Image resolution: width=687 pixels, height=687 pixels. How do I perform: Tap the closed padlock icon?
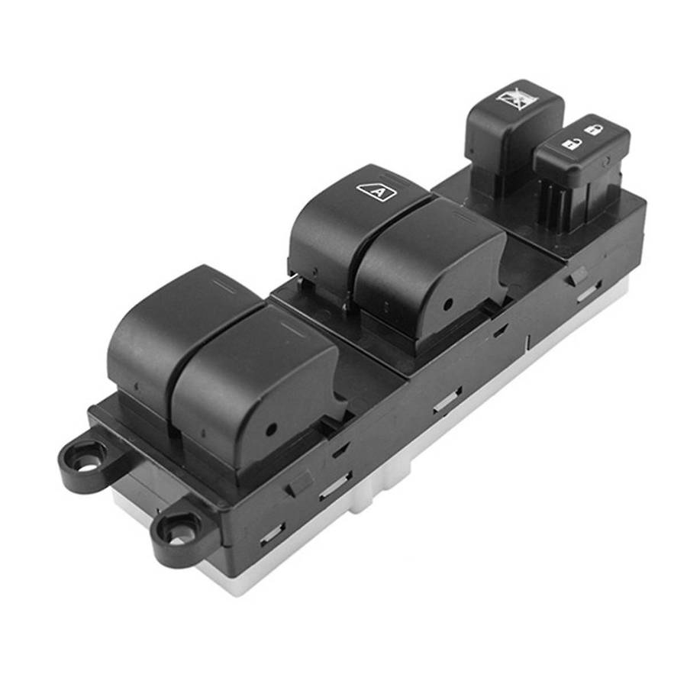pos(593,130)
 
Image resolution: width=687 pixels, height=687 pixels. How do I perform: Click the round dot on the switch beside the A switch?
pos(447,304)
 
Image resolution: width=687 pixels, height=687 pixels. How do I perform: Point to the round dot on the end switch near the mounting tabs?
pos(271,429)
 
